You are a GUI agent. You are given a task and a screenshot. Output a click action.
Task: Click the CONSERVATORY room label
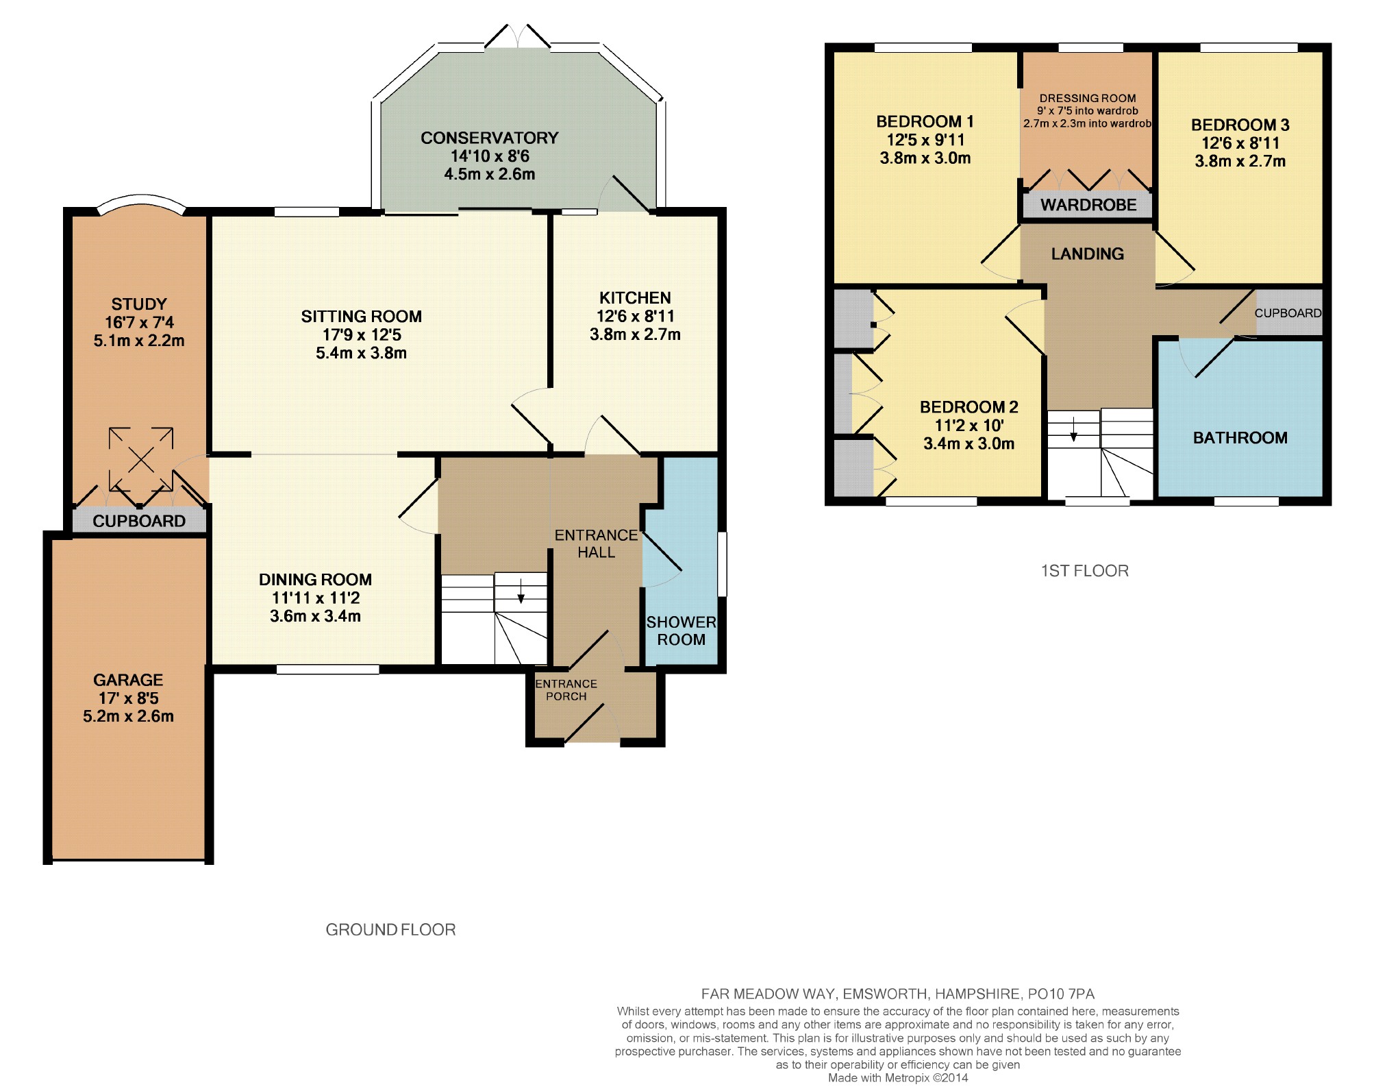490,138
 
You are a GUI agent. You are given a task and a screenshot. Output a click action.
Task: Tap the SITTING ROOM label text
361,316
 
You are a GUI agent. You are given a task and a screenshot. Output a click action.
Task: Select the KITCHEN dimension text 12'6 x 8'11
635,316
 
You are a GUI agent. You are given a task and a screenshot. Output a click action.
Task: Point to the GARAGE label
128,680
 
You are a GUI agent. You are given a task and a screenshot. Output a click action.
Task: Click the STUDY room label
139,304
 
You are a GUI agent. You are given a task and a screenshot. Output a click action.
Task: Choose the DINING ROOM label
315,579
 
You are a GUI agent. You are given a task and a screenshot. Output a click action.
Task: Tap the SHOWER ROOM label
681,631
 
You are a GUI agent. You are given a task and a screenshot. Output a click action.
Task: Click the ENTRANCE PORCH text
566,690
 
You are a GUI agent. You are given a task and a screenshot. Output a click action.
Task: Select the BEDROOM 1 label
925,121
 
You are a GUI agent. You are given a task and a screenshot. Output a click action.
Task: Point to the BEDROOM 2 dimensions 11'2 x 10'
969,425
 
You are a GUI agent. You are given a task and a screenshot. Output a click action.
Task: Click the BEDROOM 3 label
1240,125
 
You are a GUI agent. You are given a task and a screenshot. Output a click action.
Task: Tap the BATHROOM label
1240,437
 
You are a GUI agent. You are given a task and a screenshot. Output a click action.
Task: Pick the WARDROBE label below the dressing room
1088,204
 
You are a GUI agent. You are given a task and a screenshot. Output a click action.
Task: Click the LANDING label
1088,254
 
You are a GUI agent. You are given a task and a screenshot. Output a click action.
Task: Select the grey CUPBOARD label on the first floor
1288,313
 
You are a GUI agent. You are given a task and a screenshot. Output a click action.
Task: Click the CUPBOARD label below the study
139,521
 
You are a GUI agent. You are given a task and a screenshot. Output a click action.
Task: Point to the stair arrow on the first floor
1073,428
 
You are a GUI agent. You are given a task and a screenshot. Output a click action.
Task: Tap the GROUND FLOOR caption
390,929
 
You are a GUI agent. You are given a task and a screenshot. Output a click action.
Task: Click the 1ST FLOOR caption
1085,570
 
